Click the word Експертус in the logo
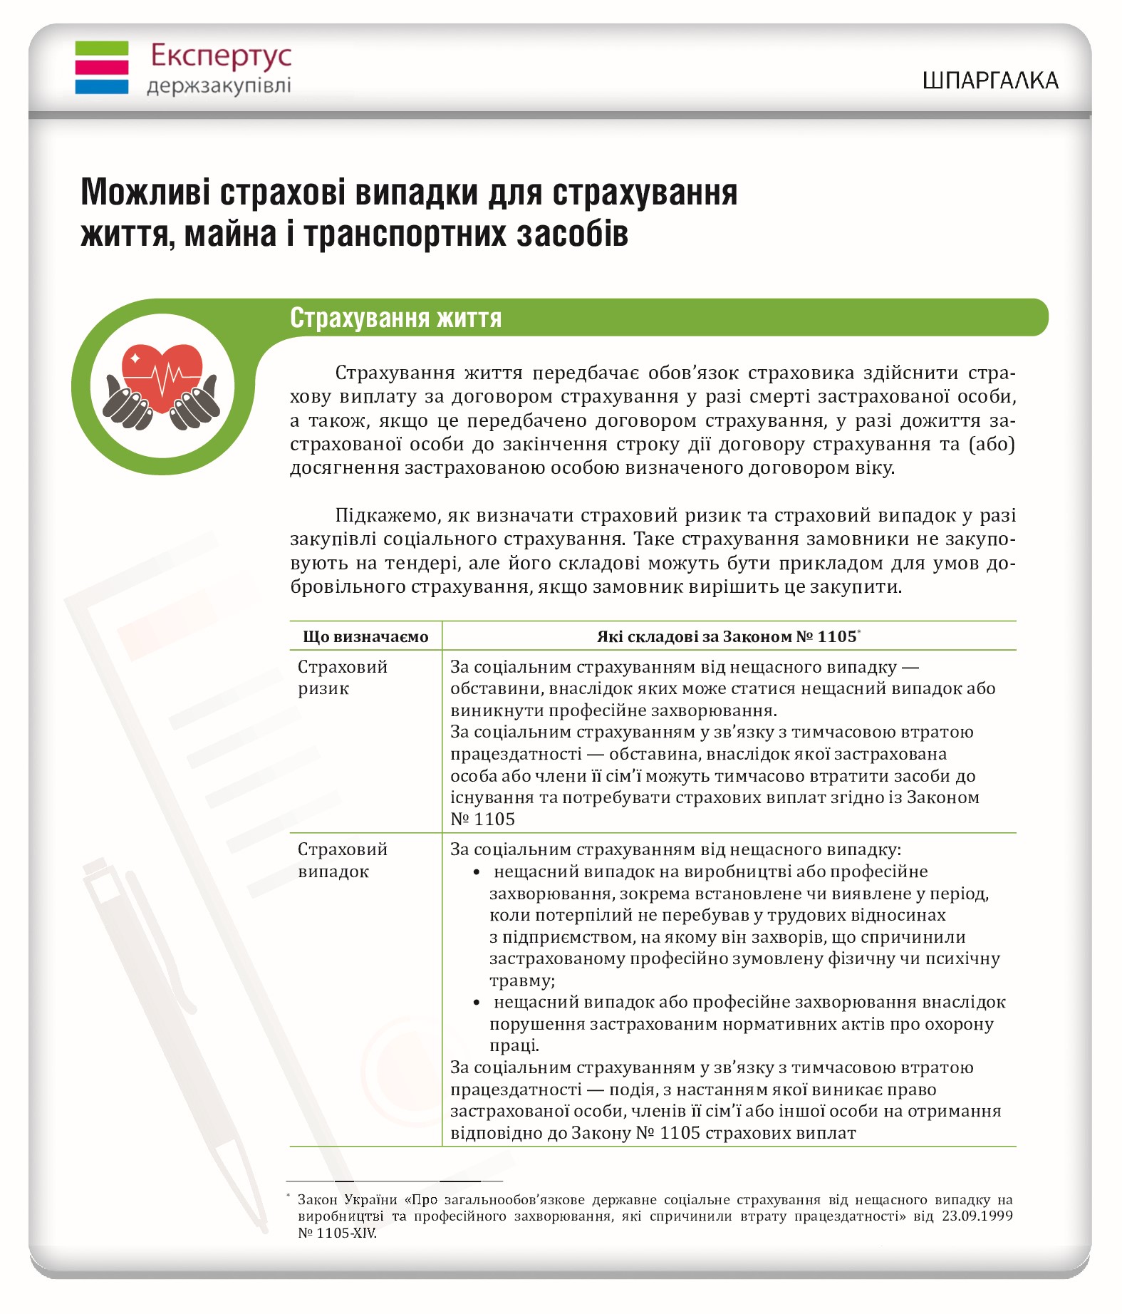click(x=221, y=56)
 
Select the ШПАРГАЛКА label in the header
click(x=989, y=81)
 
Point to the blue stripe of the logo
click(x=102, y=87)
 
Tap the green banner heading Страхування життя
click(x=396, y=318)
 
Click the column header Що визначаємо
click(x=365, y=636)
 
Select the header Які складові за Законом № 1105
click(x=727, y=636)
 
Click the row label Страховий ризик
click(x=342, y=678)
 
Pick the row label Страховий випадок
click(x=342, y=860)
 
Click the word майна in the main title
click(x=230, y=234)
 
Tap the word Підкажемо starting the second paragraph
click(x=381, y=515)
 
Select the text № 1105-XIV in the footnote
click(x=337, y=1233)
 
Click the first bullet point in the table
click(x=477, y=872)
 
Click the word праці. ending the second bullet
click(x=514, y=1045)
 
